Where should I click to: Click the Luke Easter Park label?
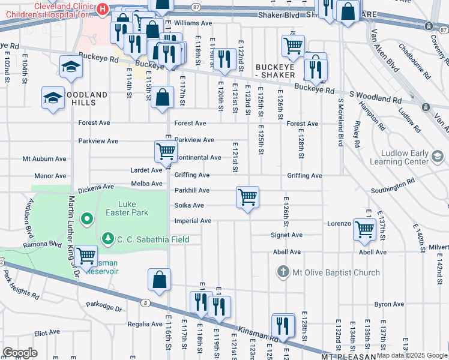point(133,208)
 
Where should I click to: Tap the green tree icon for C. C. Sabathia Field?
point(108,239)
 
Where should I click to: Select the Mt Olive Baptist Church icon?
point(283,272)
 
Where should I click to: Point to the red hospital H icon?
point(103,8)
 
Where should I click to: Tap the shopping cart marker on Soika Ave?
point(247,197)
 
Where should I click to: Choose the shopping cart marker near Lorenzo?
point(365,229)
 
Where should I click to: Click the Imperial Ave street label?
point(193,221)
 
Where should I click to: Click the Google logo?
point(20,353)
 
